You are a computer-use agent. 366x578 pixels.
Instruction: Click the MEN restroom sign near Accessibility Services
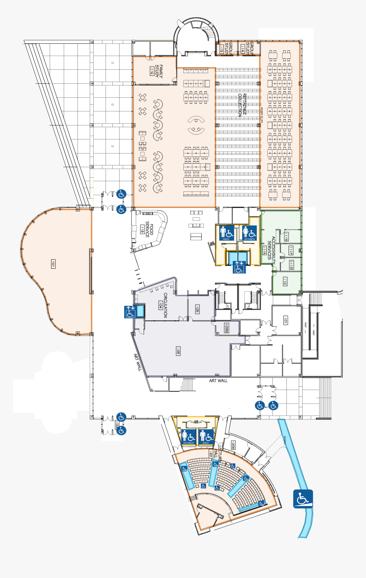(226, 233)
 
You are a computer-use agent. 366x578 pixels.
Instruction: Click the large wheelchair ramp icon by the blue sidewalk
(303, 498)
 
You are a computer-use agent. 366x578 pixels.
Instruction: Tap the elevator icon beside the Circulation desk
(130, 312)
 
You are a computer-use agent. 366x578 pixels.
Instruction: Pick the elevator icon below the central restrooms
(238, 267)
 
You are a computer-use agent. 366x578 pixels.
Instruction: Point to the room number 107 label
(286, 322)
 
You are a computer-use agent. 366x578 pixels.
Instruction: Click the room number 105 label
(197, 309)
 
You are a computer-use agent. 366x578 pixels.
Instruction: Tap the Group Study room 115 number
(221, 50)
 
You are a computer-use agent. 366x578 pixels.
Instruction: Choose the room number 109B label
(226, 328)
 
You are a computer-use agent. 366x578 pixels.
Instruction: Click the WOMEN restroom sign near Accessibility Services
(249, 233)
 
